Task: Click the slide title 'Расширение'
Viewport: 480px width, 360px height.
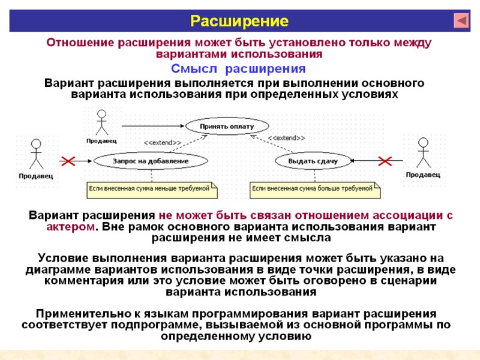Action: pos(239,22)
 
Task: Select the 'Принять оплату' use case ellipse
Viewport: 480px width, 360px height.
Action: pos(227,127)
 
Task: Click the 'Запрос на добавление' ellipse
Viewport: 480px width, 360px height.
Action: pos(151,161)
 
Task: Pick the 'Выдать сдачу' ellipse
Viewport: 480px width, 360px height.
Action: pos(313,161)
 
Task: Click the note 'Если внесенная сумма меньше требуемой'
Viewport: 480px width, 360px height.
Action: pos(152,189)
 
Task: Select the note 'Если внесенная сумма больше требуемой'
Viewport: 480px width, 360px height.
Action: pos(314,189)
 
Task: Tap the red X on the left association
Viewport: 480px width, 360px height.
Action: pos(70,161)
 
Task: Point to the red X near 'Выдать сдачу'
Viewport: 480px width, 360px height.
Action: pos(383,161)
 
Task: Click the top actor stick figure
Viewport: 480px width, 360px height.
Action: pos(101,122)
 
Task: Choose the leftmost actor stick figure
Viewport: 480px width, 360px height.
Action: pos(36,155)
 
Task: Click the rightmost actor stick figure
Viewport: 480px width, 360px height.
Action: pos(423,152)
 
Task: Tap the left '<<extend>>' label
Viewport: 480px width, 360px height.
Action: pos(163,143)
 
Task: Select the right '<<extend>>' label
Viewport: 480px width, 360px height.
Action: pos(286,139)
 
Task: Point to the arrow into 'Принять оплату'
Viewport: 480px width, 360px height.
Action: pos(153,126)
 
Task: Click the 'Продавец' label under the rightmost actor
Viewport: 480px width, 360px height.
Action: pos(423,175)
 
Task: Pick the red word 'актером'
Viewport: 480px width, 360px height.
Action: pos(70,227)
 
